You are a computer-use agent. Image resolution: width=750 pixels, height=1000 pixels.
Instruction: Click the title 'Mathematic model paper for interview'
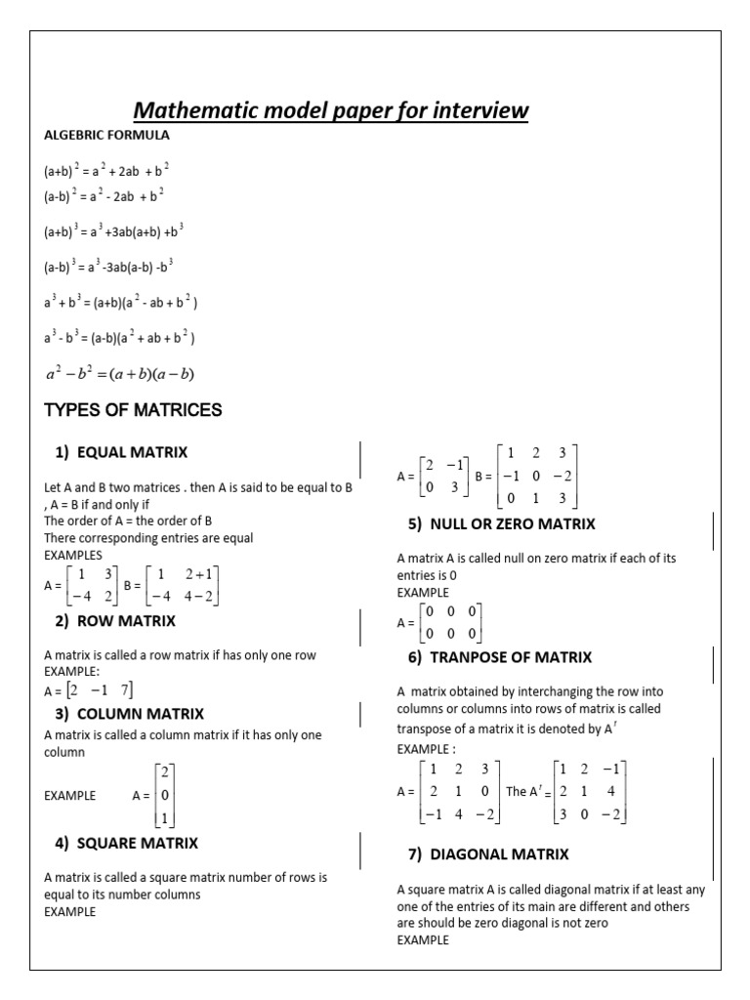pyautogui.click(x=330, y=110)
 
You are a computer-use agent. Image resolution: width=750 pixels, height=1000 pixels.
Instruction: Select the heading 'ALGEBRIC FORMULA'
pyautogui.click(x=106, y=135)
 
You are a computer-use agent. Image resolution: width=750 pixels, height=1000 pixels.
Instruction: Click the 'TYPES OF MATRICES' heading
pyautogui.click(x=133, y=410)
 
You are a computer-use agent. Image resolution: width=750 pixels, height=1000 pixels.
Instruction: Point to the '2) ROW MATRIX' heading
pyautogui.click(x=115, y=620)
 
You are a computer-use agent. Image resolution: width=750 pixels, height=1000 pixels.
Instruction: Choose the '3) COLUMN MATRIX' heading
pyautogui.click(x=129, y=714)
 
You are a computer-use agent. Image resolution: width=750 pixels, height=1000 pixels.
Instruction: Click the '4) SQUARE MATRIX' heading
pyautogui.click(x=126, y=843)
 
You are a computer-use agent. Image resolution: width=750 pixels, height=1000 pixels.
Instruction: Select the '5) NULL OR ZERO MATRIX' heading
pyautogui.click(x=501, y=524)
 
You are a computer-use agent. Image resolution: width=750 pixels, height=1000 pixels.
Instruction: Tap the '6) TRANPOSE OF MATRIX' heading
pyautogui.click(x=499, y=657)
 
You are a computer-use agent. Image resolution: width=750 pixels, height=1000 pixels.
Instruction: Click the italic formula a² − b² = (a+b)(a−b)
pyautogui.click(x=120, y=374)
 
